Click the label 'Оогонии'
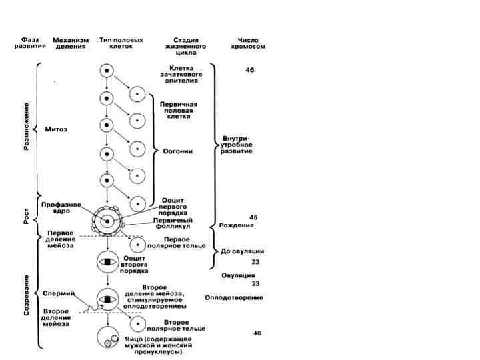(x=178, y=151)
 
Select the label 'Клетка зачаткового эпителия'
(x=185, y=73)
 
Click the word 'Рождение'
(x=236, y=225)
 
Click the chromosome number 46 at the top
(x=249, y=69)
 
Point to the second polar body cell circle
(x=137, y=324)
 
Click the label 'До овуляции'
(x=243, y=251)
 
